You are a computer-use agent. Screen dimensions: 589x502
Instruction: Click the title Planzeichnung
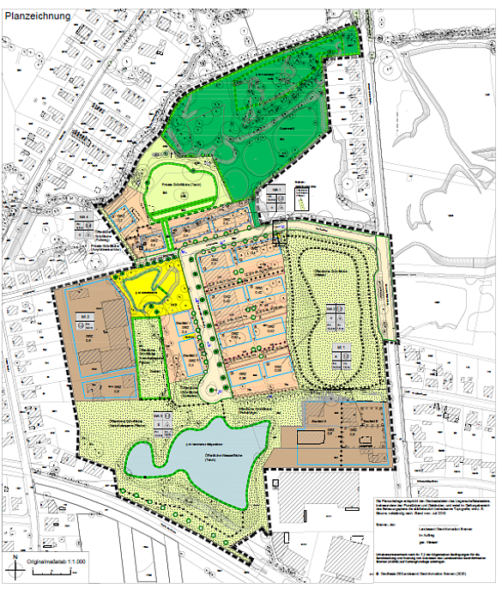[x=39, y=14]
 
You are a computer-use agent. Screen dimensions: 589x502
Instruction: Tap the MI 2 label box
[x=87, y=318]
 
